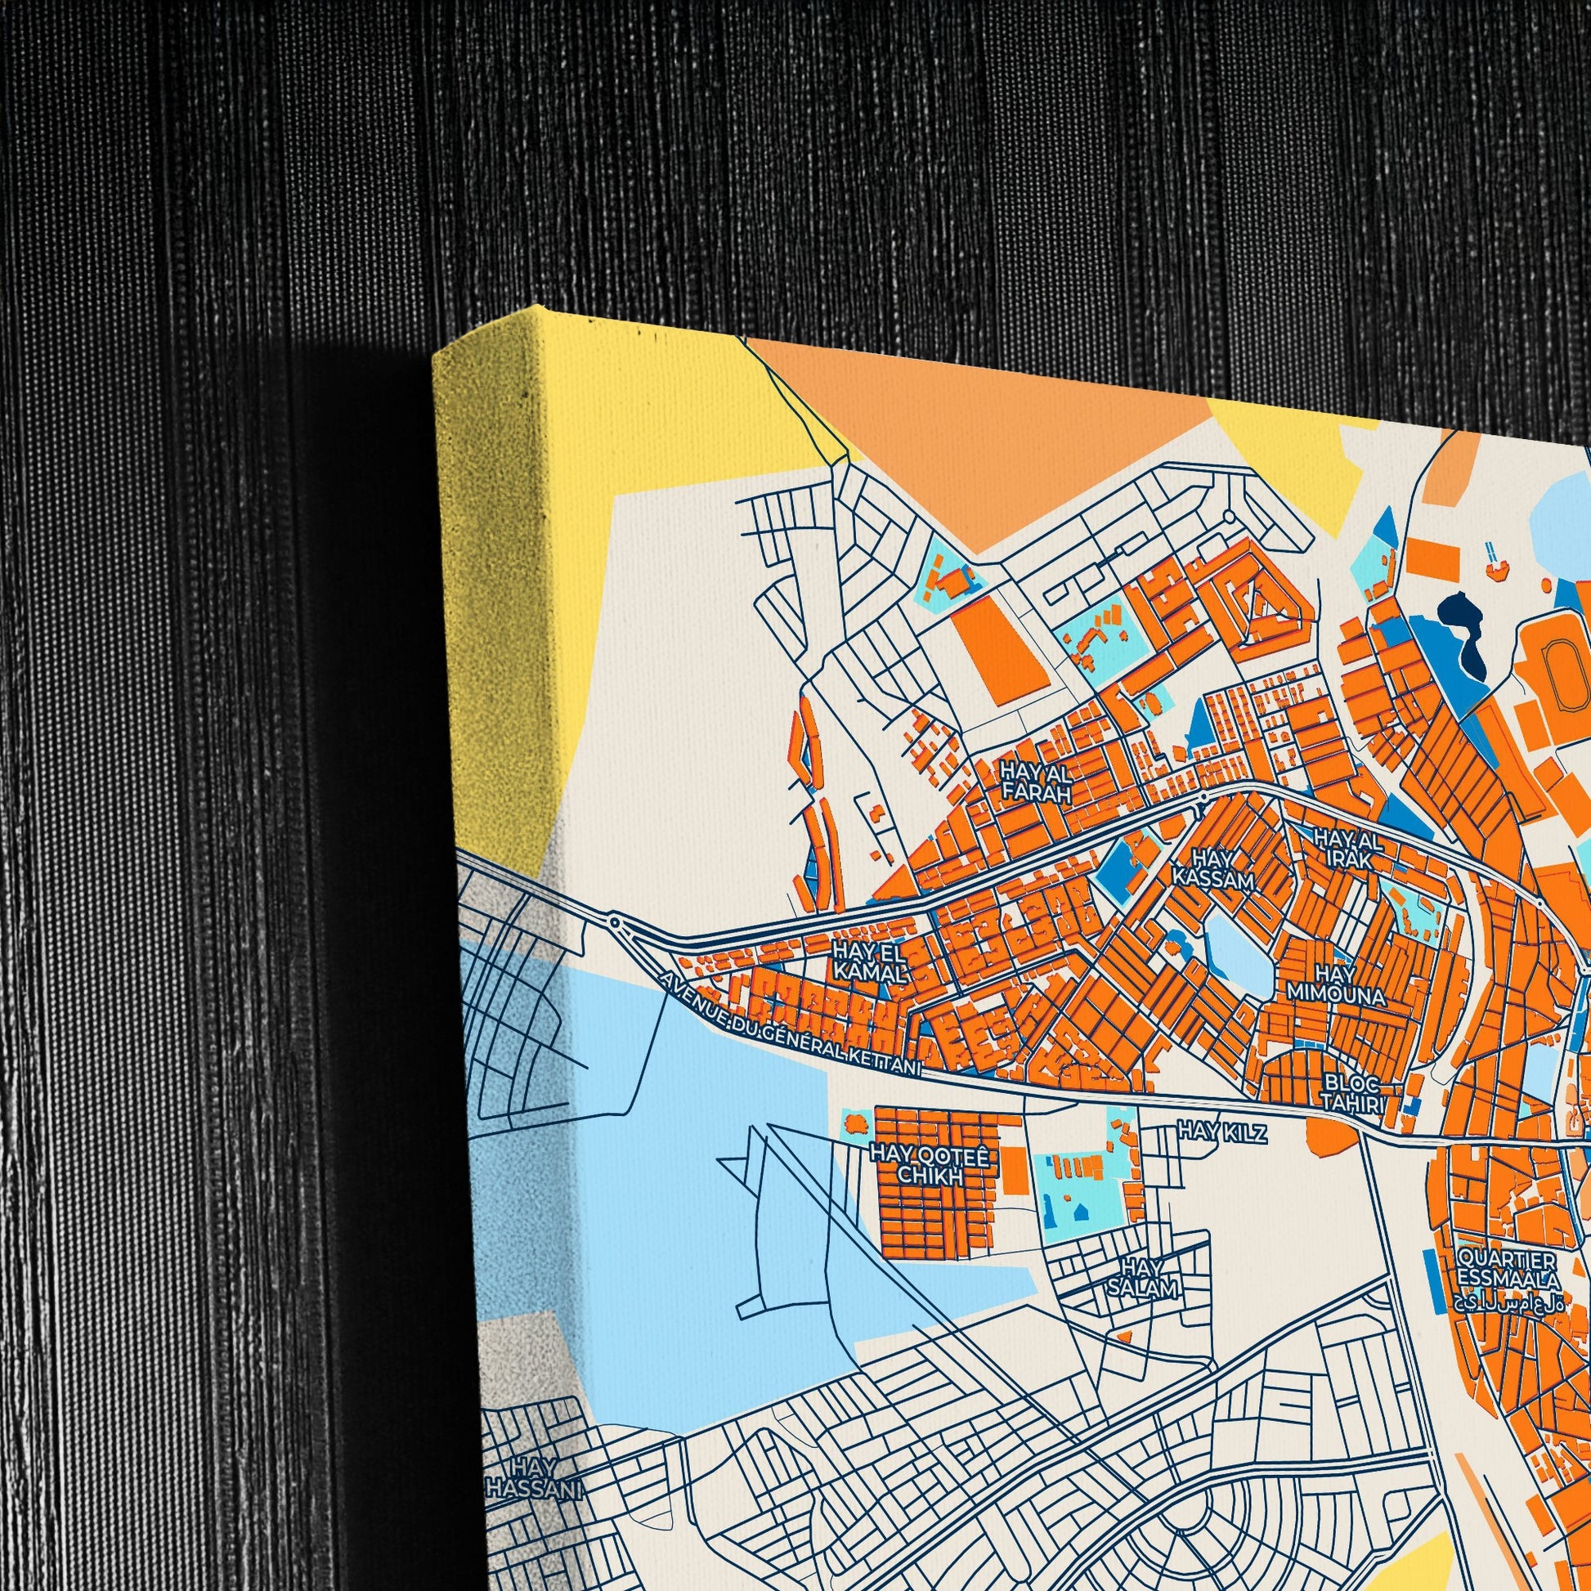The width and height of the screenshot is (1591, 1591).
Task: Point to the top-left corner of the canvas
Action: point(435,354)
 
